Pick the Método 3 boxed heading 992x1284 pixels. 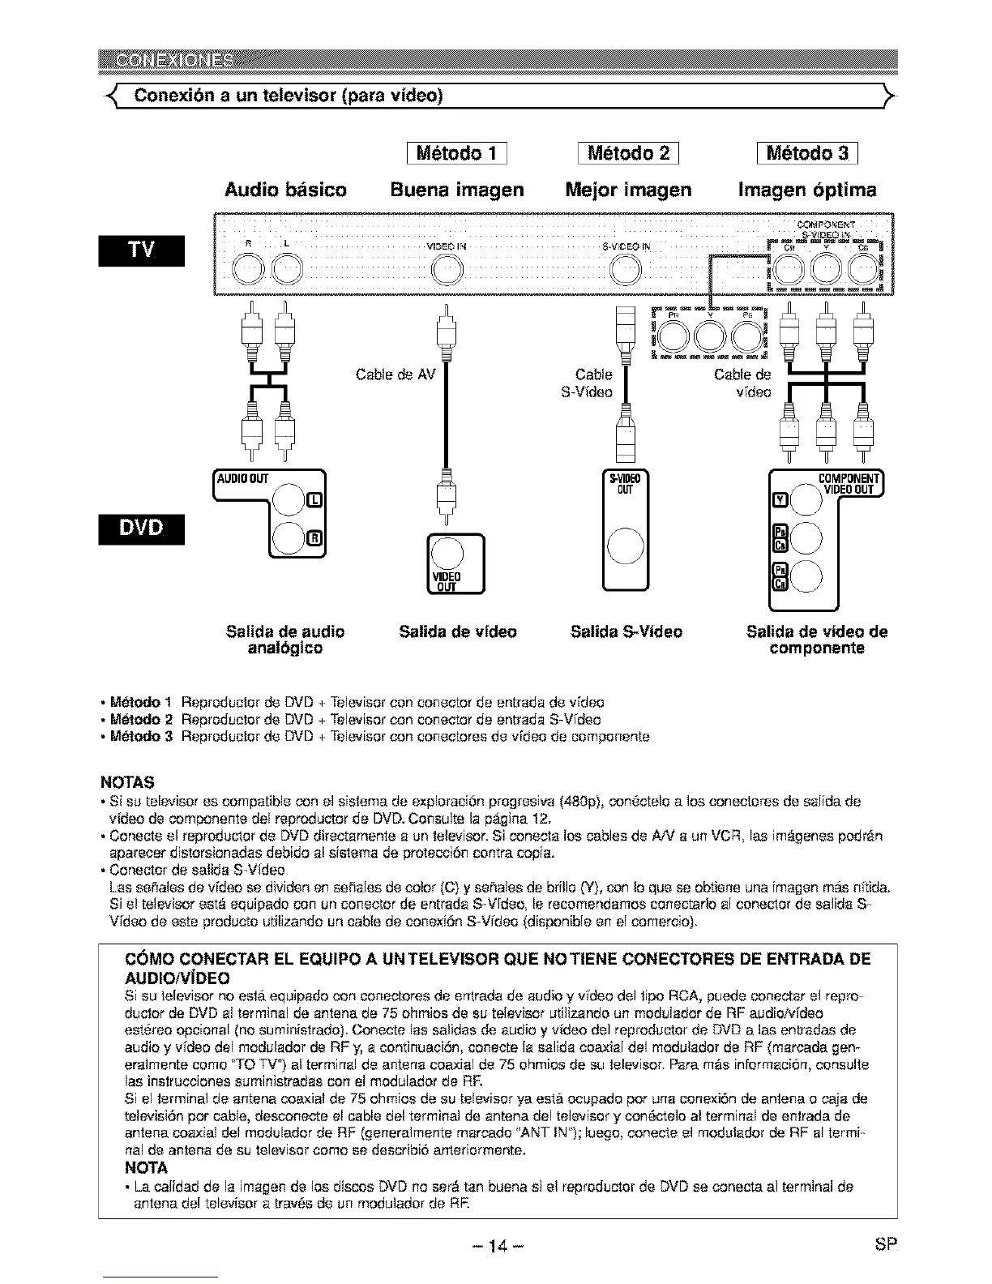point(806,154)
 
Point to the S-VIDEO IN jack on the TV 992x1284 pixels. point(626,268)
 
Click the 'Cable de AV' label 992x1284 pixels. point(396,375)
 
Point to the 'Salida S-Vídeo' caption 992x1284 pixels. point(626,631)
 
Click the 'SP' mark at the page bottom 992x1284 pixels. point(885,1244)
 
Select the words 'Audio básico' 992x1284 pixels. point(285,190)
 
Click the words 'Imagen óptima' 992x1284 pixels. point(807,190)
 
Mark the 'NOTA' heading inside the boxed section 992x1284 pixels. point(145,1168)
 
